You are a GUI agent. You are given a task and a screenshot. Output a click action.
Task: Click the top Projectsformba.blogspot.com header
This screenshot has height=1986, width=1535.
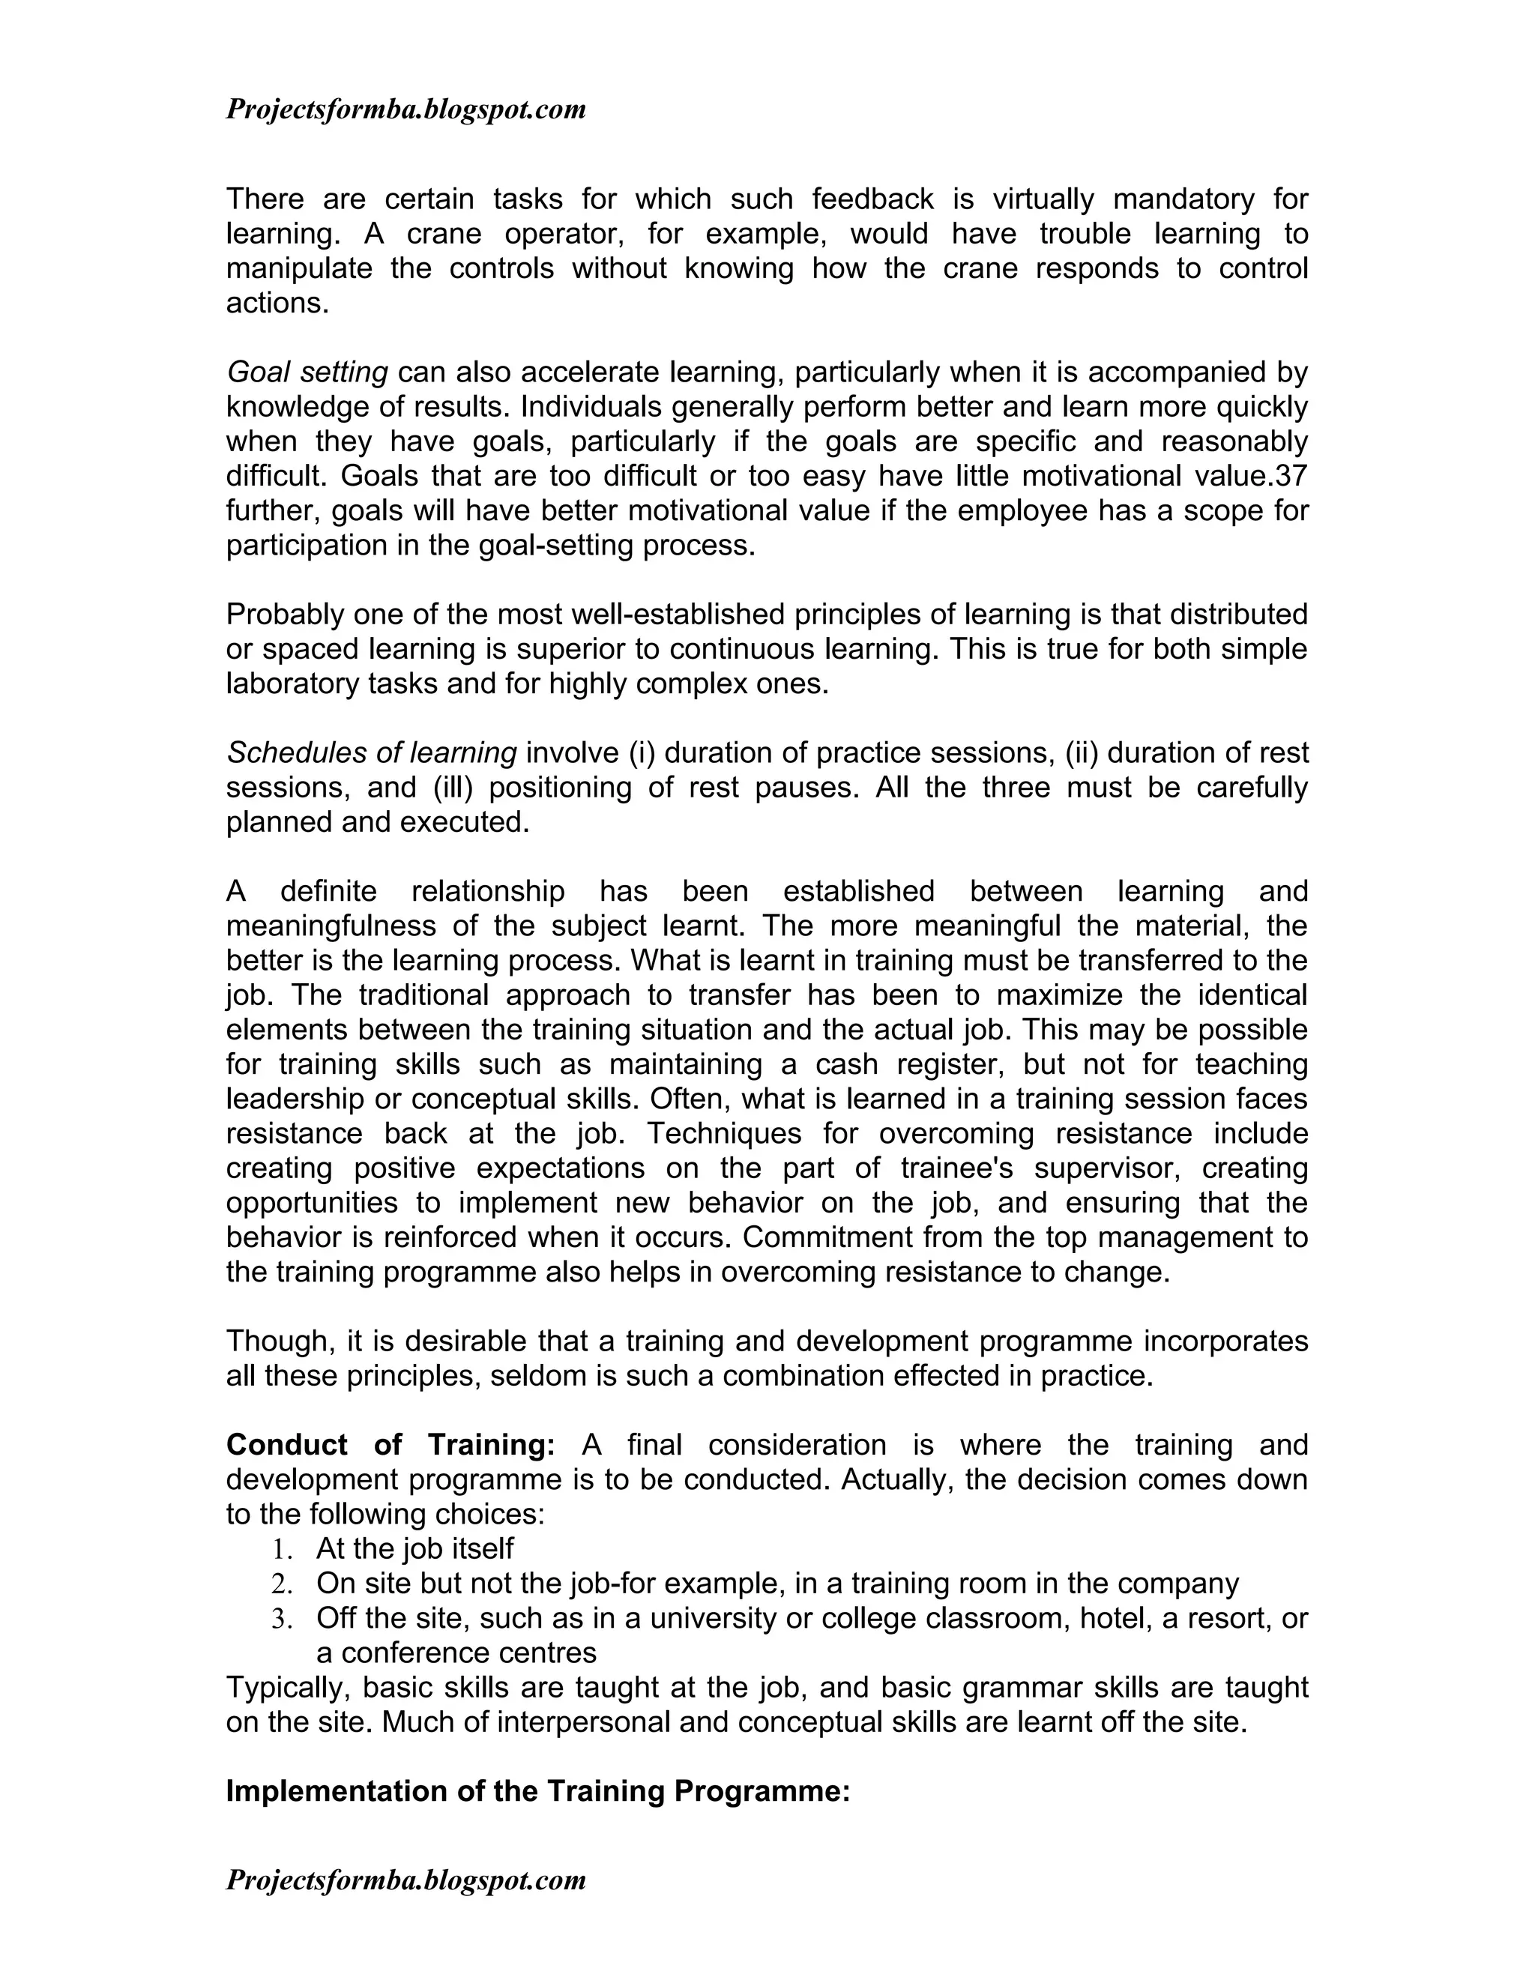pyautogui.click(x=405, y=110)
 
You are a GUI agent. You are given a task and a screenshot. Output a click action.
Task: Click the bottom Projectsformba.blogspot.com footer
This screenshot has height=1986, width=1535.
pyautogui.click(x=405, y=1880)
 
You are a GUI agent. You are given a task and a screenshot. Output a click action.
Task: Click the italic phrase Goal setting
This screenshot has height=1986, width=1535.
pyautogui.click(x=307, y=372)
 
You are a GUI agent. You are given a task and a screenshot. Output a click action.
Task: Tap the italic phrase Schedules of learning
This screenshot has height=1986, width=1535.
pyautogui.click(x=371, y=753)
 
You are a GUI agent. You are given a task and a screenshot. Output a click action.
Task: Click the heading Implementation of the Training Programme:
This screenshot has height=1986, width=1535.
pyautogui.click(x=537, y=1791)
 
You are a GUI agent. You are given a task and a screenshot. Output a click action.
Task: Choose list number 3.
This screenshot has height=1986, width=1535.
pyautogui.click(x=280, y=1619)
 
